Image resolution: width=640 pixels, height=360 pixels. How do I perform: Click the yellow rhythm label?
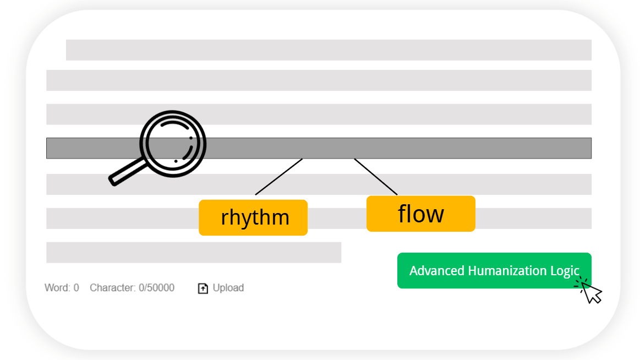tap(253, 217)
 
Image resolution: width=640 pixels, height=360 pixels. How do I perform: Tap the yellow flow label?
tap(421, 214)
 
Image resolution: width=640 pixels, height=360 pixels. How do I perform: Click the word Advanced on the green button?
tap(436, 271)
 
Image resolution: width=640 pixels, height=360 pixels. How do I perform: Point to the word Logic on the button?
tap(571, 271)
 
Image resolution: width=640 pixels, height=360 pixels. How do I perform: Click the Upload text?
tap(228, 288)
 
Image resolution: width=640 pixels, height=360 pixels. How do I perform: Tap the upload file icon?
tap(203, 288)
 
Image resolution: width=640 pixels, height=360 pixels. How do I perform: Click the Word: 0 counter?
tap(62, 288)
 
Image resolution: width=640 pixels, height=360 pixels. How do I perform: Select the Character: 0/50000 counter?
tap(132, 288)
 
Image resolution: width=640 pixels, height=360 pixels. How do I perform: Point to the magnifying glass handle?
tap(127, 173)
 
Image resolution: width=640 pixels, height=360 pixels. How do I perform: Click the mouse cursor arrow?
tap(591, 293)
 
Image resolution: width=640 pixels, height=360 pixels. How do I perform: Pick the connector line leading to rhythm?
tap(279, 177)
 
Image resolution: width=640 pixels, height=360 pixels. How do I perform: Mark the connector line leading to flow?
tap(376, 177)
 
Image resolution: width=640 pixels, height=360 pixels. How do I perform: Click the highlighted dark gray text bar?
tap(319, 148)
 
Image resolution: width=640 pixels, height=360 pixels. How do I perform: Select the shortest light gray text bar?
tap(194, 252)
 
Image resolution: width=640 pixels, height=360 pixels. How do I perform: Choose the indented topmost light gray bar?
tap(329, 50)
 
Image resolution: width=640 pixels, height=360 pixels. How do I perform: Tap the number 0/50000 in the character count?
tap(156, 288)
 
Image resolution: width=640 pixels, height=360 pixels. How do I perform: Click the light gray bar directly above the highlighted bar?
tap(319, 114)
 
